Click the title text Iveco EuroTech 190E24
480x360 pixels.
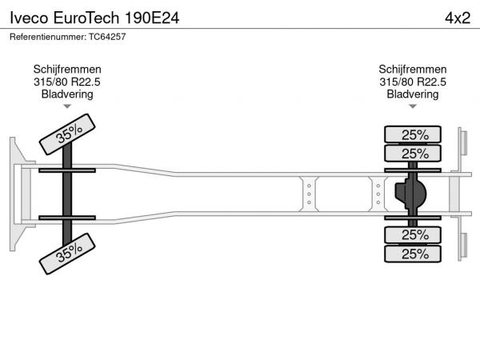point(94,18)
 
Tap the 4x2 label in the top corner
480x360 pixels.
point(458,18)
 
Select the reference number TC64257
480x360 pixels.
point(107,37)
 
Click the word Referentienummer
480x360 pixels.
point(48,37)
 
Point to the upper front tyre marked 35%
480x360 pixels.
point(67,134)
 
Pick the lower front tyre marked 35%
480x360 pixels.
point(67,254)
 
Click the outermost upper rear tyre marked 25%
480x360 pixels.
point(413,134)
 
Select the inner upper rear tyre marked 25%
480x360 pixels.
point(413,153)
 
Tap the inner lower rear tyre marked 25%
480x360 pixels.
point(413,235)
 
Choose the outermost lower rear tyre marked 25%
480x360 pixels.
point(413,254)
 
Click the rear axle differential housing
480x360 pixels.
point(410,194)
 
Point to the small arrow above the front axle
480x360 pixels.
point(67,106)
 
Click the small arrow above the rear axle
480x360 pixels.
point(413,106)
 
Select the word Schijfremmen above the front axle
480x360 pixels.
point(67,70)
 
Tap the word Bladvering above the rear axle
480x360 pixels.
point(413,94)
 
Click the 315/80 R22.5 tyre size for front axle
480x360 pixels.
point(67,82)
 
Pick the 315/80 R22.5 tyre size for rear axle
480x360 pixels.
point(413,82)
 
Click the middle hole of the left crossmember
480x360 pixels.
point(309,194)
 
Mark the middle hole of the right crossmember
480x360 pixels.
point(378,194)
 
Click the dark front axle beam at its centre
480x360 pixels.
point(67,194)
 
